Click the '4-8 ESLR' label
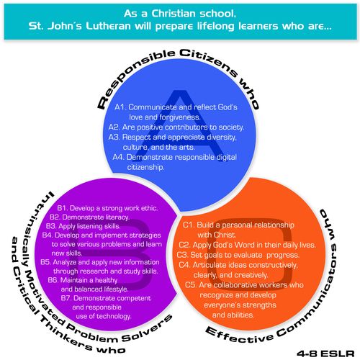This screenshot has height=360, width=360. click(x=325, y=354)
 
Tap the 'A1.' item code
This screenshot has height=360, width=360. click(x=120, y=107)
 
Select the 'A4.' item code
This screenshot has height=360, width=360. click(x=119, y=157)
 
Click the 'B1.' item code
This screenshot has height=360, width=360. click(x=63, y=208)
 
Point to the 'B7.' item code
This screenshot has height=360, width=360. click(x=66, y=298)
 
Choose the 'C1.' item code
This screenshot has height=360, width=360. click(x=189, y=225)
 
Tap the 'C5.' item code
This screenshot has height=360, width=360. click(x=192, y=285)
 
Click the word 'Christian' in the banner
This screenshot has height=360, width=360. click(x=174, y=14)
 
